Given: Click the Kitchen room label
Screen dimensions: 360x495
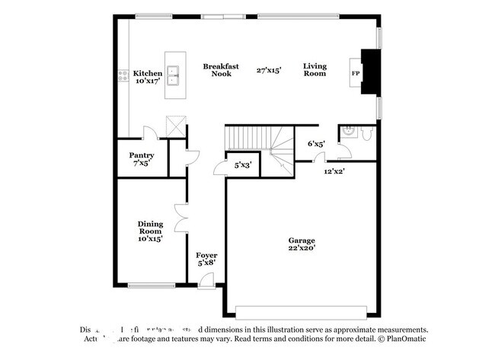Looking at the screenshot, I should [x=148, y=74].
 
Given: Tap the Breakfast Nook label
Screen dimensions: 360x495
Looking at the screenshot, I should [x=221, y=70].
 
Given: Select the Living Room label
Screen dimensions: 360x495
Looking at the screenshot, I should [x=315, y=70].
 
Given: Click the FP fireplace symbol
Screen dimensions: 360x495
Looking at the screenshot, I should [x=356, y=73].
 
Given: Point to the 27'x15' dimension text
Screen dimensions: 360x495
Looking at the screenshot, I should [x=269, y=70].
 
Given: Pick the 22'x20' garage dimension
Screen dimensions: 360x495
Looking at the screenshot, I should [x=301, y=247].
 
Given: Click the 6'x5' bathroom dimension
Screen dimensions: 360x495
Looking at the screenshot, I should [x=316, y=143].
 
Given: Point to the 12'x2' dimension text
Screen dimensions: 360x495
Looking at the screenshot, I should [x=334, y=172].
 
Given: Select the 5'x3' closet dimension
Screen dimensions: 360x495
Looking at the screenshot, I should [x=243, y=164].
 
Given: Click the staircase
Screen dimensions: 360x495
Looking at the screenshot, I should [x=259, y=141].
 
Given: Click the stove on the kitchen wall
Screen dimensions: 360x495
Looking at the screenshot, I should [x=123, y=75].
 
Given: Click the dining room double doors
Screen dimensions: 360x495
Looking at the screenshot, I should [x=180, y=218].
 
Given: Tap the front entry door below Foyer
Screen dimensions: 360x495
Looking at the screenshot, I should [x=205, y=283].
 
